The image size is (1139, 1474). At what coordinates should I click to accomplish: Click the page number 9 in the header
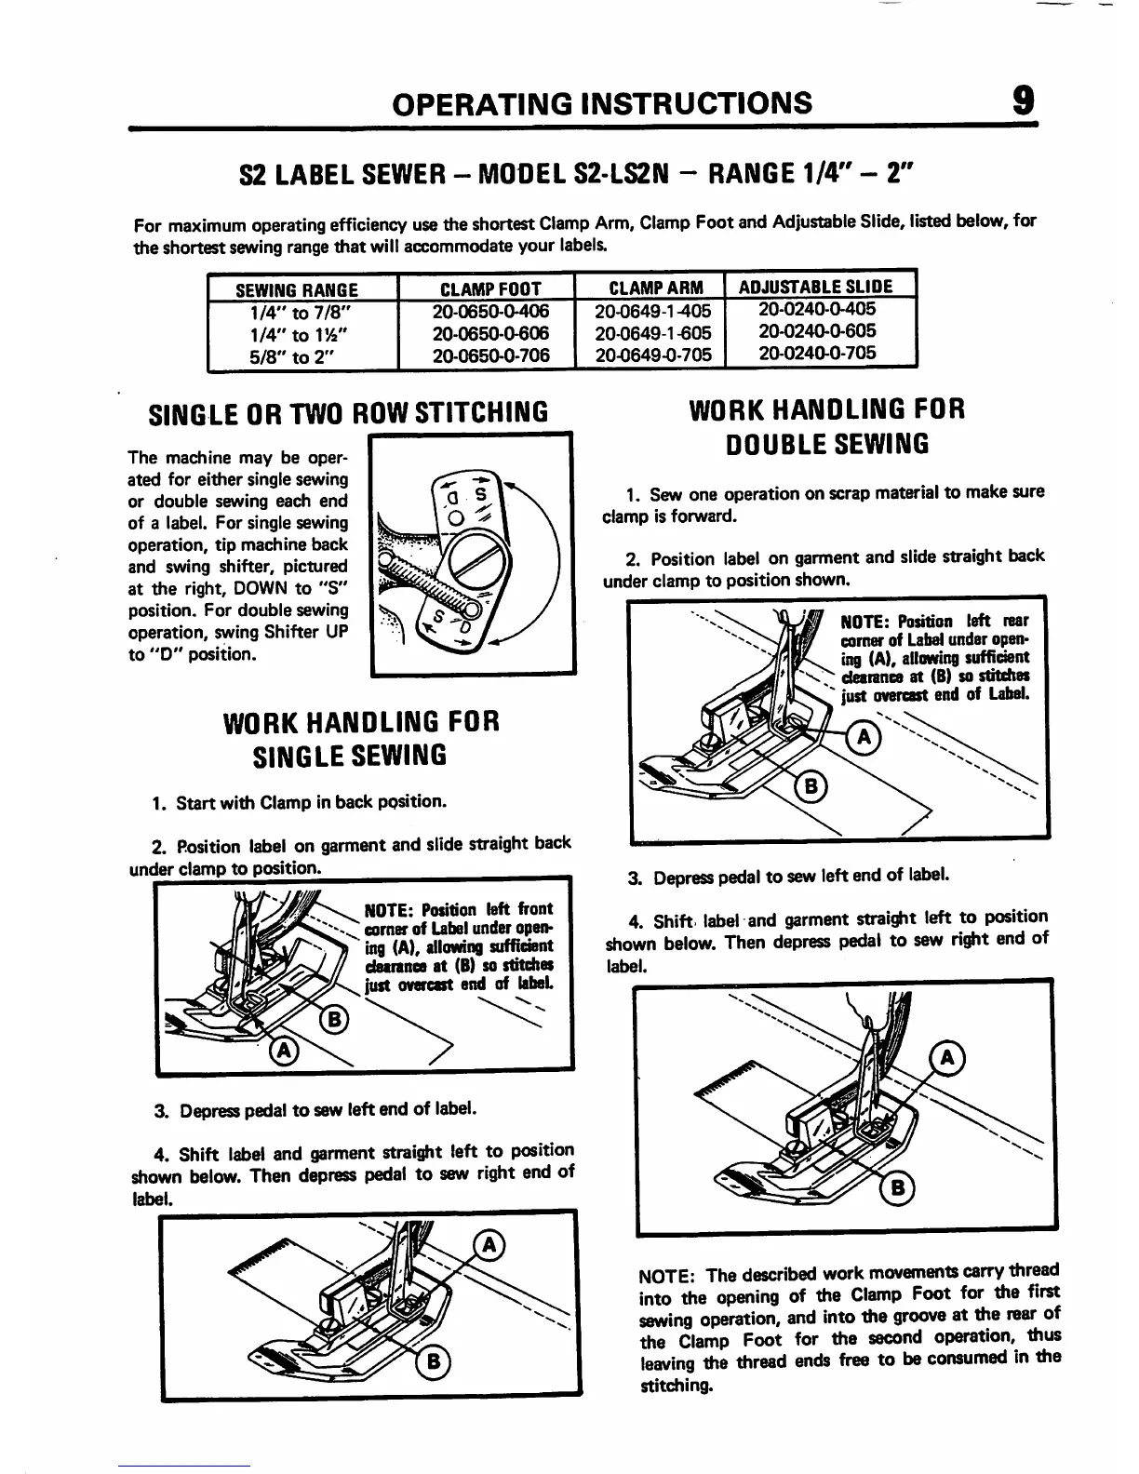pos(1021,100)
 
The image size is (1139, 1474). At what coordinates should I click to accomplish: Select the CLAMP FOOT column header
pos(487,288)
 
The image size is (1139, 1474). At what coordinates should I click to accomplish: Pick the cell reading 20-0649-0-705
pos(652,355)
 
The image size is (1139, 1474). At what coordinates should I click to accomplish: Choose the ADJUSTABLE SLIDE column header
pos(815,287)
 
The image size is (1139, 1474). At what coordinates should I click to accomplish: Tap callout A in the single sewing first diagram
pos(285,1051)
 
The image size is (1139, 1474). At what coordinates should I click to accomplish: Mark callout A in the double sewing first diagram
pos(864,738)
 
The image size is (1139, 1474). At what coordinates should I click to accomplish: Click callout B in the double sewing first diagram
pos(811,787)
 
